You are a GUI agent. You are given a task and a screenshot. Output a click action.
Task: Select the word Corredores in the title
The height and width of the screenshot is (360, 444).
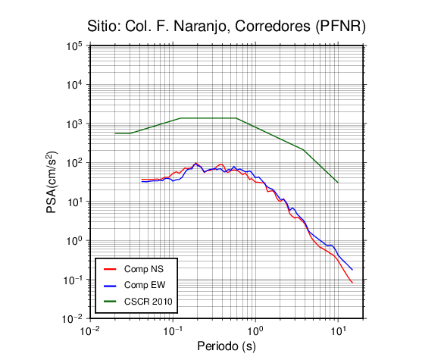click(273, 27)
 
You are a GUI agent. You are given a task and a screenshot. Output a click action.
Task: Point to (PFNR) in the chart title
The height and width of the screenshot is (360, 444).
click(341, 27)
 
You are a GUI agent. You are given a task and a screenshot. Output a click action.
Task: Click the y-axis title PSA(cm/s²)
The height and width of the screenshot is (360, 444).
click(52, 182)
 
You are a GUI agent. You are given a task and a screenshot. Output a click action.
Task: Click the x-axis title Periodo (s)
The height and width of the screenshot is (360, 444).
click(227, 346)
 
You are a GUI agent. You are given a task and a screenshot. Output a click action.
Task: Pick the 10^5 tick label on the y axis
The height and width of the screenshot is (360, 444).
click(74, 46)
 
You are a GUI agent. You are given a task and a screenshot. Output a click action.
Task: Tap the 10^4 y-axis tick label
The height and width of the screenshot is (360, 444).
click(74, 85)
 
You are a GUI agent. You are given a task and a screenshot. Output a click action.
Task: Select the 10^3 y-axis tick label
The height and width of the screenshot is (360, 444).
click(74, 124)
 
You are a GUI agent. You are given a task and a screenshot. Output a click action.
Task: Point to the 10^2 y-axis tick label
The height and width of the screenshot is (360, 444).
click(74, 163)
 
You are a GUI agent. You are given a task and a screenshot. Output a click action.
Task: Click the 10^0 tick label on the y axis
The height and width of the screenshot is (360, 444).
click(74, 241)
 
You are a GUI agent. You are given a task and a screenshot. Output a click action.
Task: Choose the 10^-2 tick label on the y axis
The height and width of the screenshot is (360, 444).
click(73, 319)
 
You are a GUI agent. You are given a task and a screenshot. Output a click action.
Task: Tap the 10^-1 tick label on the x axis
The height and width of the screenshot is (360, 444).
click(173, 330)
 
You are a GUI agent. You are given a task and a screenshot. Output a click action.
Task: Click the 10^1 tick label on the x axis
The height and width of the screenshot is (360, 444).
click(339, 330)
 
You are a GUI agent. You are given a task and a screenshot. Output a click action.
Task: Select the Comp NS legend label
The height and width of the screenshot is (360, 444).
click(144, 269)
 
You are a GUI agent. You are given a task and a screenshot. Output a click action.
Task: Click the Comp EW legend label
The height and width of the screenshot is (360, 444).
click(145, 285)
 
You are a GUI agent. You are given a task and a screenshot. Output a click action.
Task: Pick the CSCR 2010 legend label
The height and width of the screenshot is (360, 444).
click(149, 302)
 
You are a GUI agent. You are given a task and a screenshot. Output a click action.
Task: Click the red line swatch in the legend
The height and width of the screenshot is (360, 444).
click(110, 269)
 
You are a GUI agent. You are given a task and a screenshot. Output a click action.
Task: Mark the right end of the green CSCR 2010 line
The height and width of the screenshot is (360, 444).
click(338, 183)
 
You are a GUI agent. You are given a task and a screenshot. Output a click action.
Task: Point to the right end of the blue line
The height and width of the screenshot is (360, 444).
click(352, 270)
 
